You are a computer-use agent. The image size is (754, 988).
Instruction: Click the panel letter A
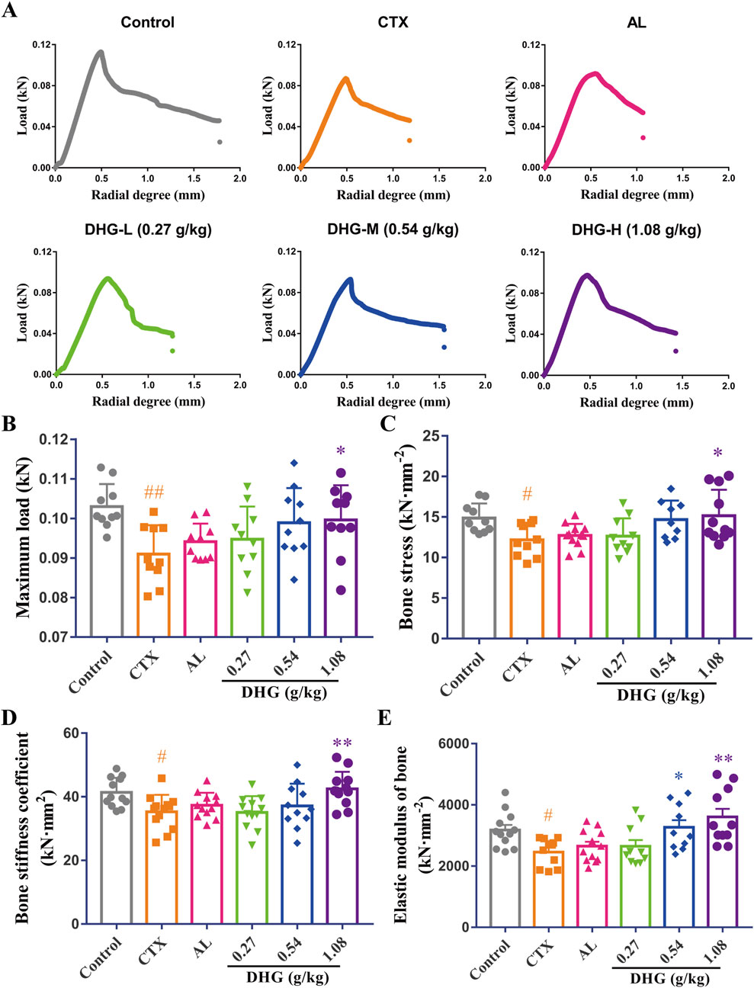11,11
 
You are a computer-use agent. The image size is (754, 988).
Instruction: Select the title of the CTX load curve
393,22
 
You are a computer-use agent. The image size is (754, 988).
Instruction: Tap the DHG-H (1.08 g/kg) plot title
636,229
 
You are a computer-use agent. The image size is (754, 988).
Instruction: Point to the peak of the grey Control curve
100,52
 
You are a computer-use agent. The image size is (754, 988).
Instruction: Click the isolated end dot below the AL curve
643,137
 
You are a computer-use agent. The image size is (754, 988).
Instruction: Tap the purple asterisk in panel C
717,453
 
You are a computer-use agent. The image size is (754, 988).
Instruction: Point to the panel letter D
11,720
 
